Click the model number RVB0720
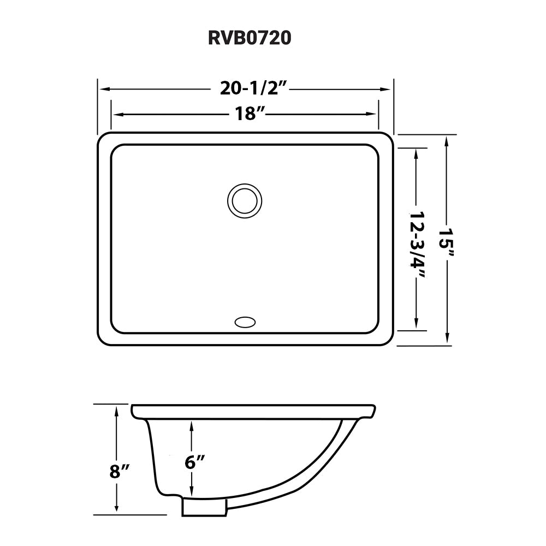[x=250, y=38]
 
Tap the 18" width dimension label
[x=250, y=114]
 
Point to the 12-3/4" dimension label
[x=418, y=244]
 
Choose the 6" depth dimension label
[x=194, y=462]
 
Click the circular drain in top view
[x=244, y=200]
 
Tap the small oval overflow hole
[x=245, y=323]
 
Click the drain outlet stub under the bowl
[x=204, y=508]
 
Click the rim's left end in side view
[x=133, y=408]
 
